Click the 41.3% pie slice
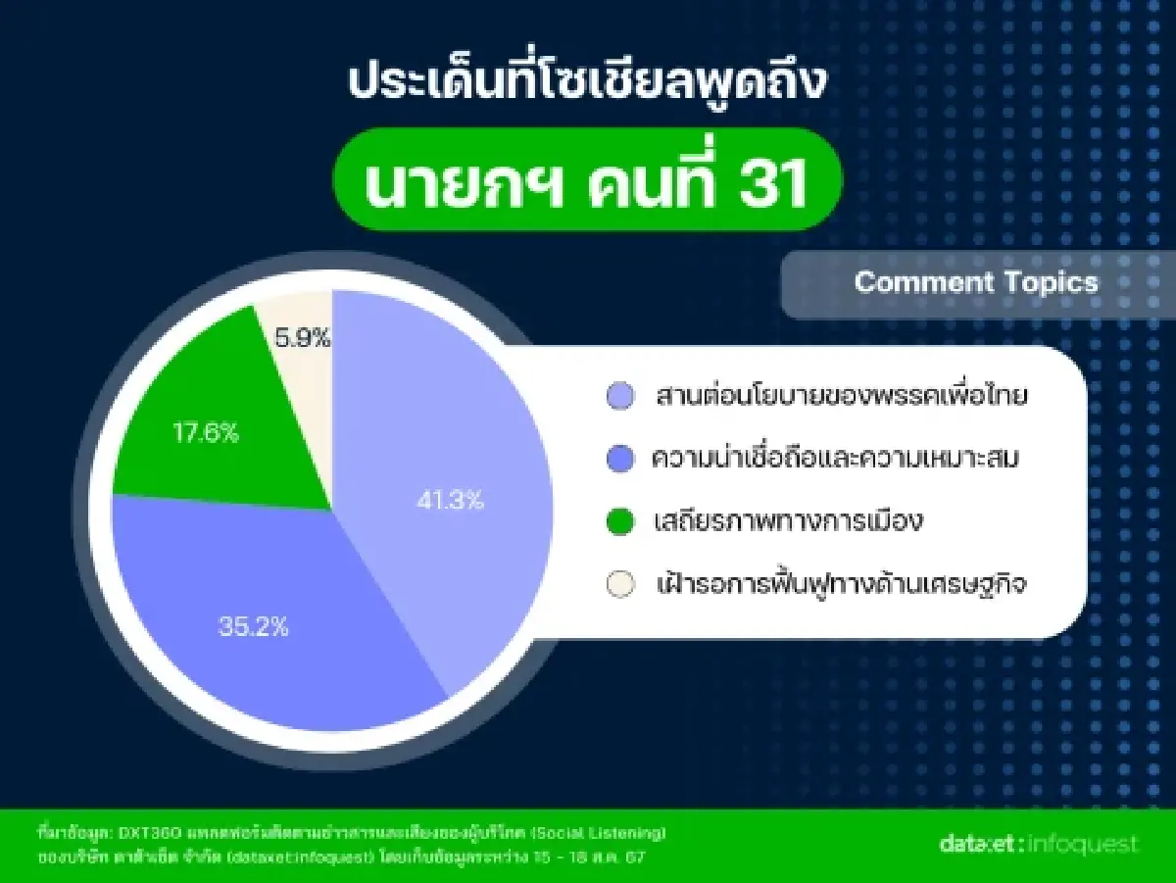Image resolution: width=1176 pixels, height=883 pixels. click(x=441, y=470)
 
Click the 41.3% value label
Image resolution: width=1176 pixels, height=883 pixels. click(x=450, y=500)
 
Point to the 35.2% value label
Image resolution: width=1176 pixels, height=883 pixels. click(x=254, y=627)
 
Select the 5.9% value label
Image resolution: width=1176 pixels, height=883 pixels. click(x=303, y=339)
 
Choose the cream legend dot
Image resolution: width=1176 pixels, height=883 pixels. click(x=619, y=585)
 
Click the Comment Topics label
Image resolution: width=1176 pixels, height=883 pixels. click(x=976, y=282)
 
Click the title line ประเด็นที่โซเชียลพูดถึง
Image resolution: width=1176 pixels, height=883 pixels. click(x=588, y=83)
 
